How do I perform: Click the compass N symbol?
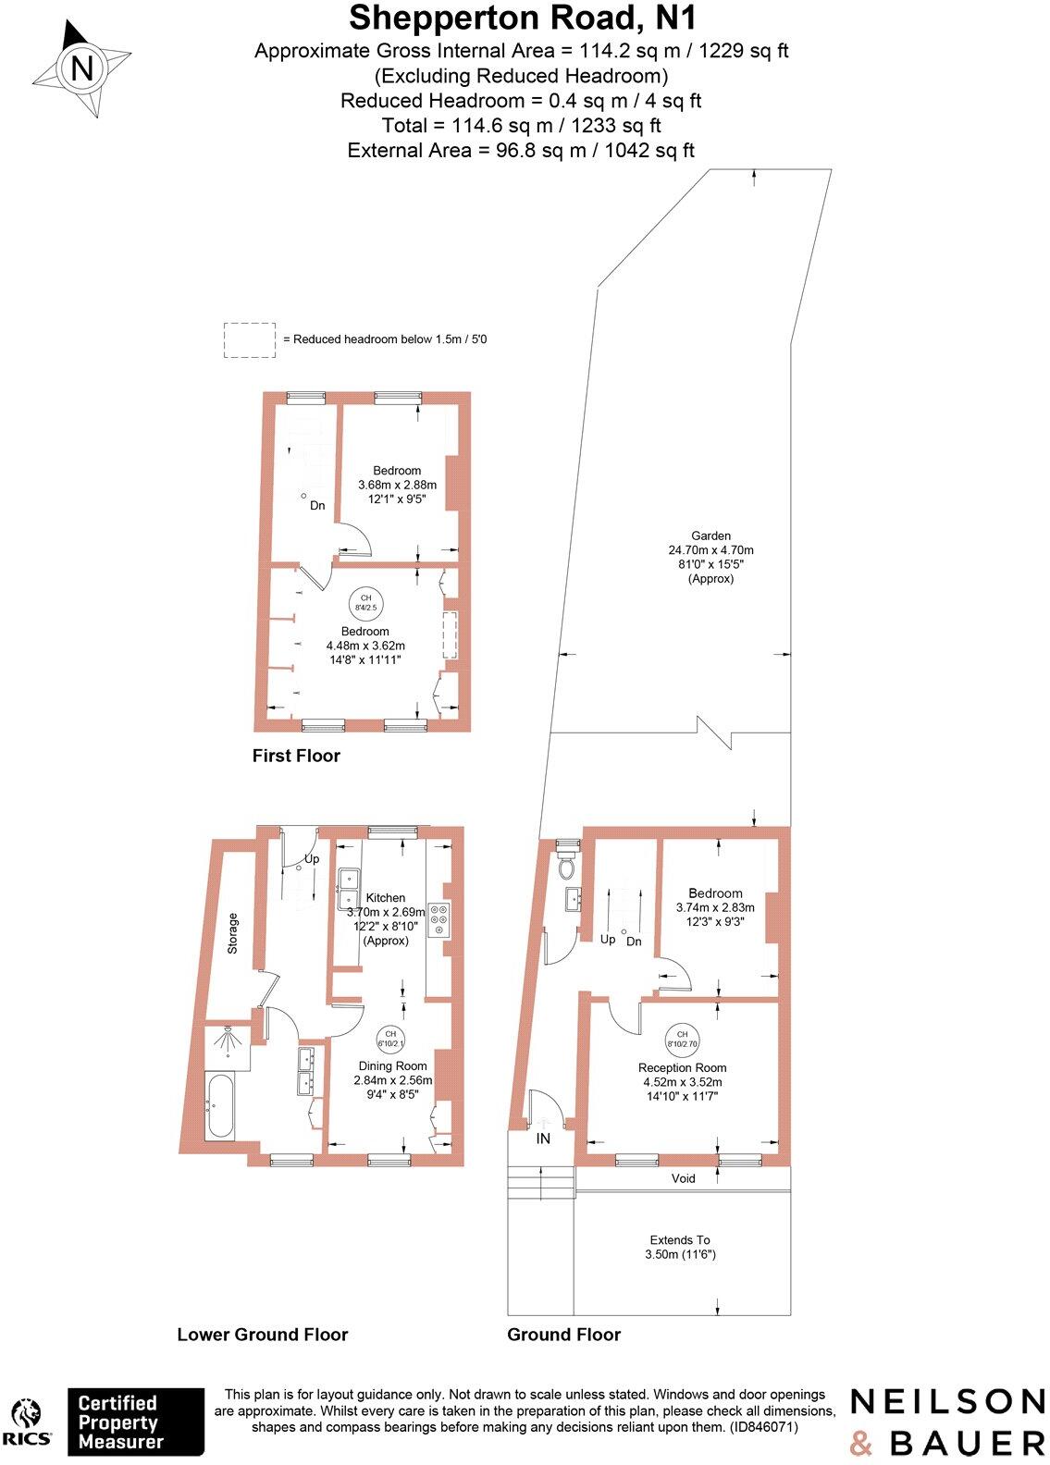click(x=81, y=69)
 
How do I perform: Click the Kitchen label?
click(x=385, y=898)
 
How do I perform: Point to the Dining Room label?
click(x=393, y=1065)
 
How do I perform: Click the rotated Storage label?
click(x=233, y=933)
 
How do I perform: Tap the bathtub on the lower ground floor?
click(x=218, y=1107)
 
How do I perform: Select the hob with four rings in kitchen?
click(x=439, y=918)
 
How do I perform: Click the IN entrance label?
click(x=543, y=1139)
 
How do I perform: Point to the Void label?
click(x=683, y=1178)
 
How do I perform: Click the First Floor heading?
click(x=296, y=756)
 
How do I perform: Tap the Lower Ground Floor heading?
click(x=263, y=1334)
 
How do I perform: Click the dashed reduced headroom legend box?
click(x=250, y=340)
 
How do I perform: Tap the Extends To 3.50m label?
click(x=680, y=1247)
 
